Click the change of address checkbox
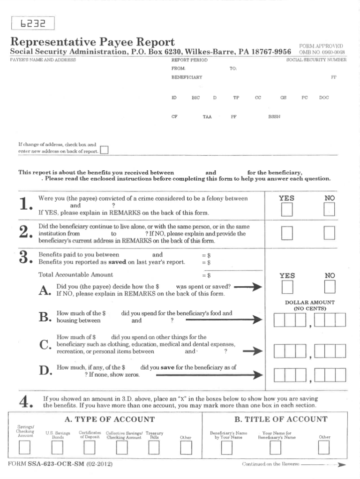tap(104, 150)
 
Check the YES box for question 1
tap(287, 210)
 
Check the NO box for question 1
tap(329, 210)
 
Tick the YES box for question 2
tap(287, 232)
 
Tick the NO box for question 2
tap(329, 232)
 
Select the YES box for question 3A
tap(287, 287)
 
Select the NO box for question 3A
tap(330, 287)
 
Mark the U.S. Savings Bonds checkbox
tap(57, 449)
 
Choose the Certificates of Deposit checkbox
tap(90, 449)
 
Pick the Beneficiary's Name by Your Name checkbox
tap(227, 449)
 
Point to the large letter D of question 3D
tap(45, 371)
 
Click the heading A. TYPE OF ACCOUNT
tap(105, 419)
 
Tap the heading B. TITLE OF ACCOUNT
tap(281, 419)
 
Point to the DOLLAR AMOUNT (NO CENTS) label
tap(310, 306)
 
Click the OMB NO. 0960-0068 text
tap(322, 52)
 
